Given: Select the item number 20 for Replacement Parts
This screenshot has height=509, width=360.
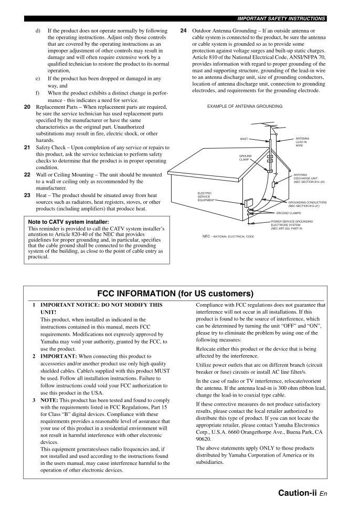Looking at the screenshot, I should (x=27, y=107).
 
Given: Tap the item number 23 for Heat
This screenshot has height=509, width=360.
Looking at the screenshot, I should (x=27, y=195).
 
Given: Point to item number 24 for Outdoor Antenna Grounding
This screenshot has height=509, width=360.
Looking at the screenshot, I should (x=183, y=30).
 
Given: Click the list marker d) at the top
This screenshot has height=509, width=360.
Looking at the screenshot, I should (x=38, y=30).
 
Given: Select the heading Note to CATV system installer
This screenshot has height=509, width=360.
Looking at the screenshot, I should (x=68, y=222).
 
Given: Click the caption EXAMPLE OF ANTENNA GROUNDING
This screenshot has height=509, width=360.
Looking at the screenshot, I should (x=245, y=106).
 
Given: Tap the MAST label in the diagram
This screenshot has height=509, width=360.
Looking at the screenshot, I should (x=244, y=139).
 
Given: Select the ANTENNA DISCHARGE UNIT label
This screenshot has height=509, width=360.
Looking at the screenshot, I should (x=309, y=178).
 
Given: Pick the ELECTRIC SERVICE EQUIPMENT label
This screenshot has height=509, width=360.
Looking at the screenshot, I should (x=206, y=196).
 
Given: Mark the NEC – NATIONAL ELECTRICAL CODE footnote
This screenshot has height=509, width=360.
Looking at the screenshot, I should (x=228, y=237).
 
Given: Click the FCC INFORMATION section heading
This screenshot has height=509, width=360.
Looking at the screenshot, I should (x=175, y=294).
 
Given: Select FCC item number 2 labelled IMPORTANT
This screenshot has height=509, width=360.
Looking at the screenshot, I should (x=34, y=356).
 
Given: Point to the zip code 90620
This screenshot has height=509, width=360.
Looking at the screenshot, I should (x=204, y=438).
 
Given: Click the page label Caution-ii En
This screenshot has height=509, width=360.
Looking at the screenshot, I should (x=303, y=493).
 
